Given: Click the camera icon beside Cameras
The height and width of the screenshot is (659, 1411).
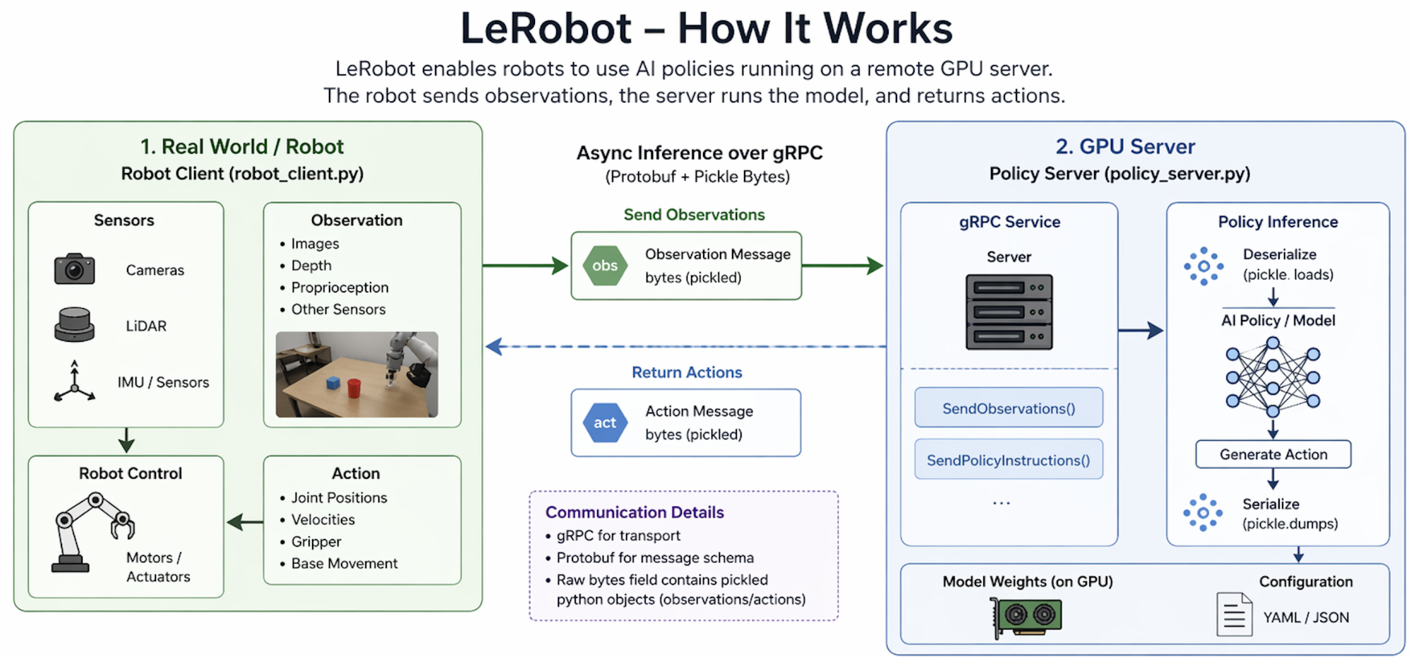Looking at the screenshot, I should click(74, 269).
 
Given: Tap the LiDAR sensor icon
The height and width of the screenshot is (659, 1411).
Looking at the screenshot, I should click(74, 325).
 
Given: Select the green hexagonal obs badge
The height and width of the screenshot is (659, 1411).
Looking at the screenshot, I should click(605, 266).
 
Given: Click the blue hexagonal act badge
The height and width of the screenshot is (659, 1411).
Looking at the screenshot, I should click(605, 422).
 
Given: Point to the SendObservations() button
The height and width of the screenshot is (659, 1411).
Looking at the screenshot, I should click(1009, 408).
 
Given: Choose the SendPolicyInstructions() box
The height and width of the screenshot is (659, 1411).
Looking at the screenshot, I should click(1009, 460).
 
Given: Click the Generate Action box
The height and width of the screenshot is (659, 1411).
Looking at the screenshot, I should click(1273, 454).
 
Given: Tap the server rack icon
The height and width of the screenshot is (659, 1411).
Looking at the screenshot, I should click(1009, 311).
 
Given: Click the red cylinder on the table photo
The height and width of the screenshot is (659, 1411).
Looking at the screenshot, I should click(354, 387).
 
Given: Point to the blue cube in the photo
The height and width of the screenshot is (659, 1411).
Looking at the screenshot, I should click(333, 383).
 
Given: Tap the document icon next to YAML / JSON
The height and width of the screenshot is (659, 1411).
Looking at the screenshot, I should click(1235, 615).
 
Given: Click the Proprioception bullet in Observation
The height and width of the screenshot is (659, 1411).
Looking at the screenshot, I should click(340, 287).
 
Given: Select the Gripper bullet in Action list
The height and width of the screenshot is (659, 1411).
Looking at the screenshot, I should click(316, 542).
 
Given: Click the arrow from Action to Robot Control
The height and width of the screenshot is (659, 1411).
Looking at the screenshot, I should click(244, 522).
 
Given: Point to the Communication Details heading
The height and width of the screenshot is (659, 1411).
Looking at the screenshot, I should click(635, 512).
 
